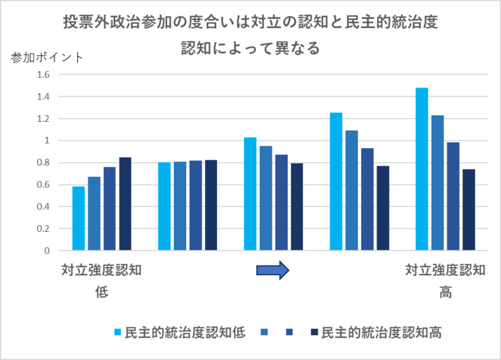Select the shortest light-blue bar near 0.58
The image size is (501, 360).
coord(78,218)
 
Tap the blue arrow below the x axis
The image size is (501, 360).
coord(274,271)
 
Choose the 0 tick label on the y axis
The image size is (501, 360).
coord(47,251)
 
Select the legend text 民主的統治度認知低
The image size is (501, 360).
coord(185,332)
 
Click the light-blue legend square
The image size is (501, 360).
coord(118,332)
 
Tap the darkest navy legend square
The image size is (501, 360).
coord(314,332)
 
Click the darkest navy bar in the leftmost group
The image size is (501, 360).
coord(125,204)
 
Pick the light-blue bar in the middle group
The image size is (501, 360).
coord(251,194)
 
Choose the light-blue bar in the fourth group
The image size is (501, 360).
coord(336,182)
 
